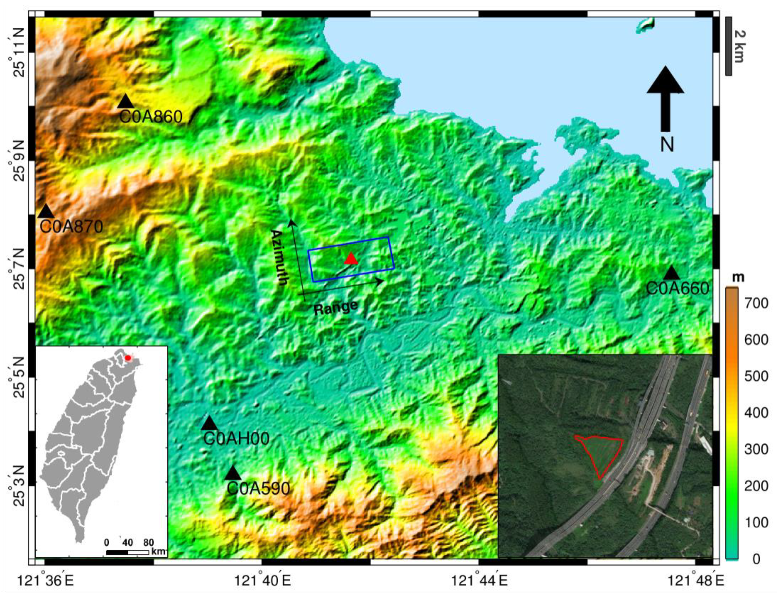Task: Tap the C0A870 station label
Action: click(71, 226)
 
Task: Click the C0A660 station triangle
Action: click(671, 273)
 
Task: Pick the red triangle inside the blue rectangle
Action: click(351, 259)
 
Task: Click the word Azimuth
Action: click(279, 258)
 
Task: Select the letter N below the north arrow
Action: click(667, 145)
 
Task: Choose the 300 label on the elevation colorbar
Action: click(756, 449)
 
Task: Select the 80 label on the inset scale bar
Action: click(149, 542)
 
